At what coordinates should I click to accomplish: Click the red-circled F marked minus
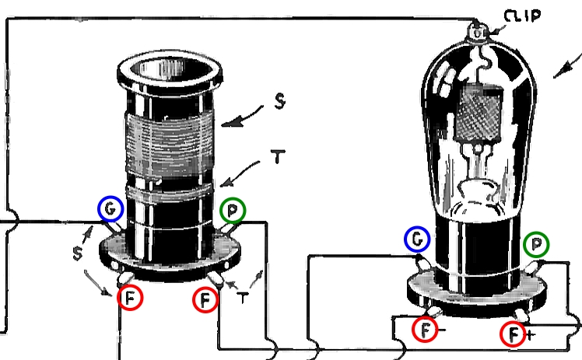[x=426, y=333]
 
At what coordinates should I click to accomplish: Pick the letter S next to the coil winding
[x=278, y=102]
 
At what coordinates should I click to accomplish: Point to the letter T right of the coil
[x=275, y=156]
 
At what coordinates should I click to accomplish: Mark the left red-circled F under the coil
[x=130, y=299]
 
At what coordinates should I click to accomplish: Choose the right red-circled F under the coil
[x=205, y=299]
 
